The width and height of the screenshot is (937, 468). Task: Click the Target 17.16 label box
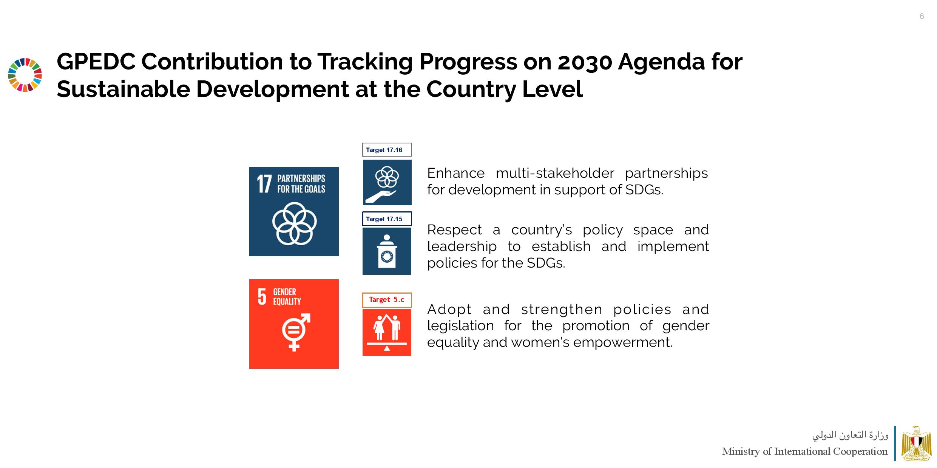click(387, 150)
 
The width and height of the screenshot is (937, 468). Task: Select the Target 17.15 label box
click(387, 219)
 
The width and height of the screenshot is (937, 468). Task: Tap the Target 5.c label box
click(387, 300)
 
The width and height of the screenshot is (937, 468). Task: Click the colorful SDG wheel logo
click(25, 75)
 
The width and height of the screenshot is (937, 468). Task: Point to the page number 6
click(922, 16)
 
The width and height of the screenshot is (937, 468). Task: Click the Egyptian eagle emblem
click(916, 443)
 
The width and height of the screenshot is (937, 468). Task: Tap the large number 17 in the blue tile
click(264, 184)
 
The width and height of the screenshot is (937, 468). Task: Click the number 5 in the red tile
click(262, 297)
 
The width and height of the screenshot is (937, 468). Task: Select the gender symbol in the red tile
click(296, 332)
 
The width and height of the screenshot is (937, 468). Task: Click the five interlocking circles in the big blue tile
click(294, 223)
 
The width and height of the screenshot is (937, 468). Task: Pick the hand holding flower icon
click(387, 183)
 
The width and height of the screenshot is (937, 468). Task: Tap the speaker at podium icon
click(387, 251)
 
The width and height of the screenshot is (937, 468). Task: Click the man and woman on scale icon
click(387, 333)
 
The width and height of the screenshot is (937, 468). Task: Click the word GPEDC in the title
click(96, 62)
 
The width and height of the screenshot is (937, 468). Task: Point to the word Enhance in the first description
click(456, 173)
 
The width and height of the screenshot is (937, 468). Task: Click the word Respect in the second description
click(455, 230)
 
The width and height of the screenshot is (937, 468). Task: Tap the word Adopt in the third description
click(449, 310)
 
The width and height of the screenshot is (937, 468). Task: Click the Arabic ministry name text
click(850, 436)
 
